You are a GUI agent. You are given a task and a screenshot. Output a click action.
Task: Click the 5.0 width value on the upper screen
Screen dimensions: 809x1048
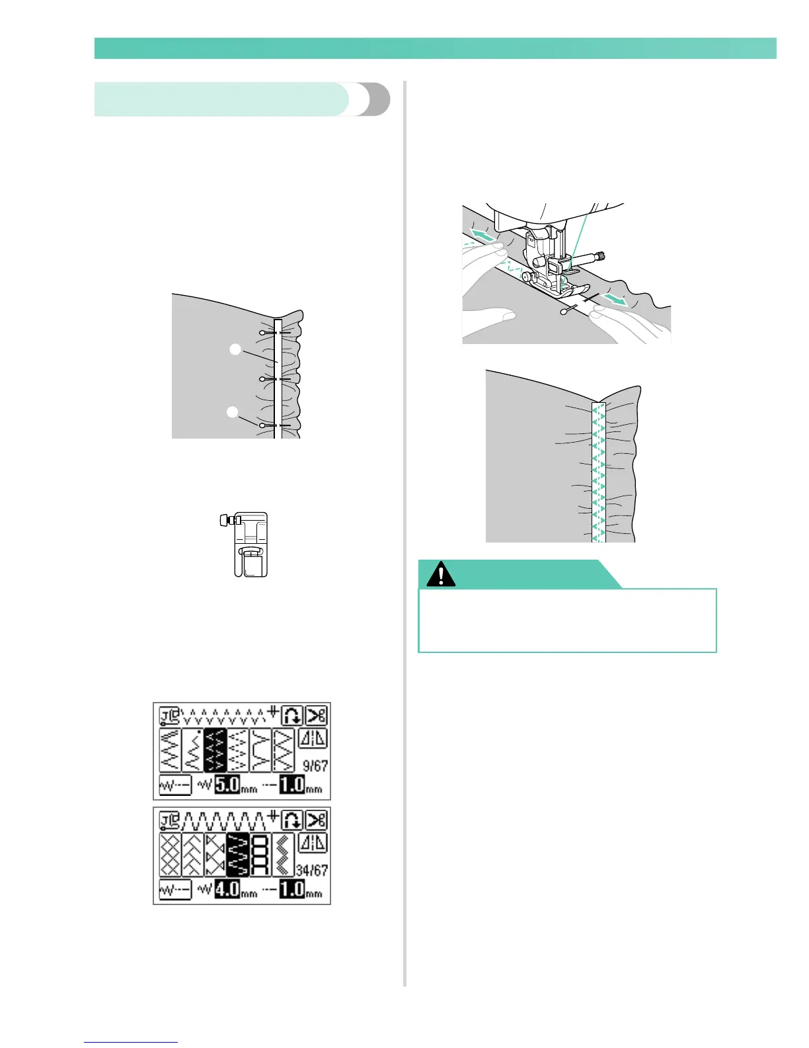click(x=227, y=785)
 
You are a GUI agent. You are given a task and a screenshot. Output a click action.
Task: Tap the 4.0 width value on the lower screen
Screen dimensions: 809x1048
click(x=227, y=890)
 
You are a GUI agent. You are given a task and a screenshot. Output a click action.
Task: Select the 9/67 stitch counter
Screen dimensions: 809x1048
click(x=315, y=765)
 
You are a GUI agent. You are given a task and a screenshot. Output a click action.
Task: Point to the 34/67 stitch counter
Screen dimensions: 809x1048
click(x=312, y=870)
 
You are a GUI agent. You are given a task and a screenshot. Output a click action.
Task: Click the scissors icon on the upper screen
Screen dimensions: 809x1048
click(x=317, y=716)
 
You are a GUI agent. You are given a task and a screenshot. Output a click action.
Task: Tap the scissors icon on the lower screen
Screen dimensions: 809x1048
click(x=317, y=820)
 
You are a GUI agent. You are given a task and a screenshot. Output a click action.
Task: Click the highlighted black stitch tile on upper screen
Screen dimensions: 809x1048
click(x=215, y=750)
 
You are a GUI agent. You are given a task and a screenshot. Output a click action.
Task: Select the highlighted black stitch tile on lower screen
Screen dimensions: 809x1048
click(x=237, y=855)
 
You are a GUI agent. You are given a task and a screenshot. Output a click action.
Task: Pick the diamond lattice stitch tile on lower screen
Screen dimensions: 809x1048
click(x=170, y=855)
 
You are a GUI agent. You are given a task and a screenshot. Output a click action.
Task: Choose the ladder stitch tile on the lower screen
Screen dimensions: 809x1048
click(x=260, y=855)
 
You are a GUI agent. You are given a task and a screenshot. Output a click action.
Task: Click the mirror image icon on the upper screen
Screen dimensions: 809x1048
click(x=313, y=739)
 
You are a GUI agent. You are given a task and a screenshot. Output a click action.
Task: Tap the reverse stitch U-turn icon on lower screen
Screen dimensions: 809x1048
click(x=292, y=820)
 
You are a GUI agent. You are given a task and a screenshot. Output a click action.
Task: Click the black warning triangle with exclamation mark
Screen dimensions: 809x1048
click(x=441, y=574)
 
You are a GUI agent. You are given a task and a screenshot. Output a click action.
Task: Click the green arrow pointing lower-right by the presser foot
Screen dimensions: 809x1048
click(x=615, y=301)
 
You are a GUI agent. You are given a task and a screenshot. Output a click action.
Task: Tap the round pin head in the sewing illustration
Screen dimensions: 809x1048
click(x=563, y=311)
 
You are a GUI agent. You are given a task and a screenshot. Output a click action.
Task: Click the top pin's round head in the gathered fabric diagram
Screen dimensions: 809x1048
click(x=263, y=331)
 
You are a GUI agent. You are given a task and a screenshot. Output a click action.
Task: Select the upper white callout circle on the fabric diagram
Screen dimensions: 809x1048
click(x=235, y=349)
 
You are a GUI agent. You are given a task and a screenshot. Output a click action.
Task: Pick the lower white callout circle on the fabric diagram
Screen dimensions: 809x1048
click(x=232, y=412)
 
